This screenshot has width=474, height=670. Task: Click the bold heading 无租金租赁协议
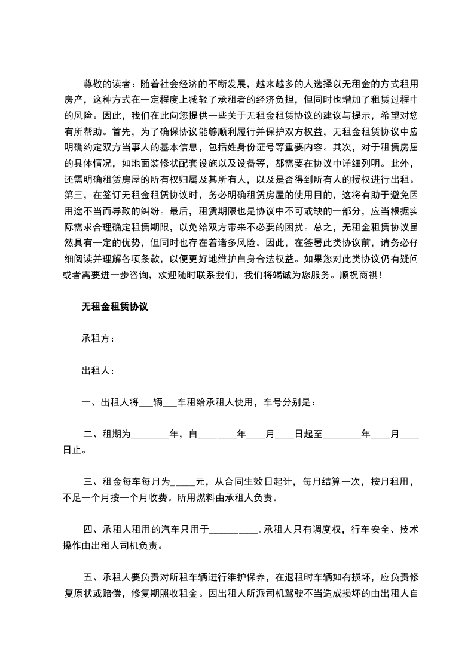pos(114,307)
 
